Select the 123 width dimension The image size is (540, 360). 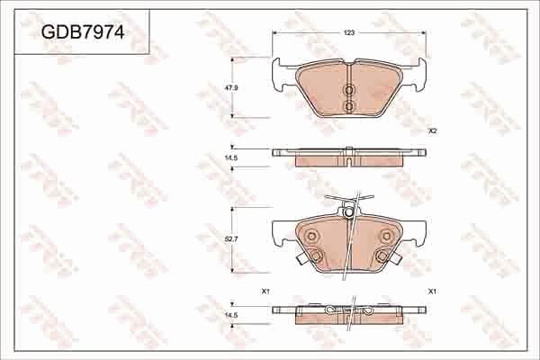pos(349,32)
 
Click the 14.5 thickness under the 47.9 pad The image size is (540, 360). pos(230,157)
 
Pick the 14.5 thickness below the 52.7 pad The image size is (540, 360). pos(230,315)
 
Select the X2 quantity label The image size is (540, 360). pos(432,131)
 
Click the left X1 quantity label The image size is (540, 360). pos(265,291)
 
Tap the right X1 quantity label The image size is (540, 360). pos(432,291)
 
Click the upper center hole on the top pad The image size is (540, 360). pos(349,90)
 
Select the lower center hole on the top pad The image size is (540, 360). pos(349,106)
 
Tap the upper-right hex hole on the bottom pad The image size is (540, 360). pos(386,237)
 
